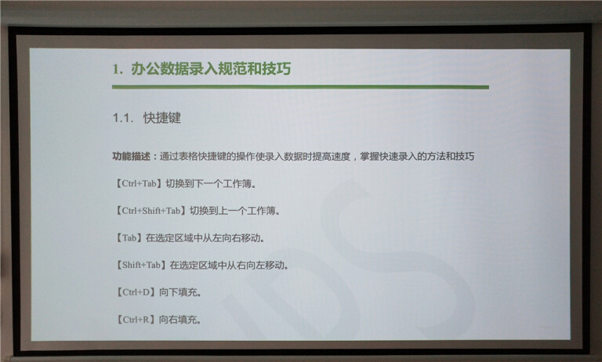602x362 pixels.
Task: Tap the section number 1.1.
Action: [125, 118]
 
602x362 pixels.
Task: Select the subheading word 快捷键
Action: [162, 118]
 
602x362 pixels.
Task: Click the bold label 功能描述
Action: [132, 157]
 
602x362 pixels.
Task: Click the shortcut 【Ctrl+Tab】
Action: [138, 185]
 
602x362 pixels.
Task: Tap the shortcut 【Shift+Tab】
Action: [141, 265]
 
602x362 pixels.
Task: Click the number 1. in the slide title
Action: [118, 69]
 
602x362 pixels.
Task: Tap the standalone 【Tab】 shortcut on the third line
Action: [128, 237]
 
